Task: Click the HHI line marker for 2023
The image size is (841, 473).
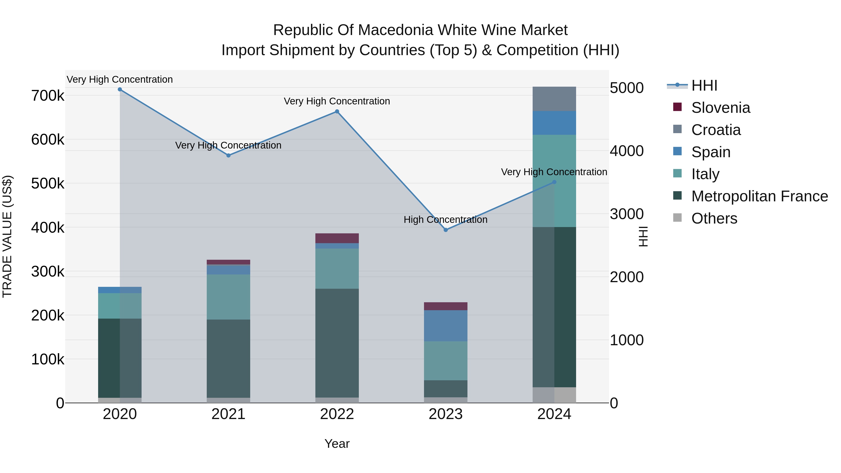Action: (x=446, y=230)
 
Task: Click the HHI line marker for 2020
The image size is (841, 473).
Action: (x=120, y=89)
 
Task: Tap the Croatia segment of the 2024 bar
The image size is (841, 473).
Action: (x=554, y=99)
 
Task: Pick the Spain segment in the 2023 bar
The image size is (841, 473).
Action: (x=446, y=326)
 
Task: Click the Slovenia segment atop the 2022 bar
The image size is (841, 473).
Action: (x=337, y=238)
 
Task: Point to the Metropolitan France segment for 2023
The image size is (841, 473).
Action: (x=446, y=389)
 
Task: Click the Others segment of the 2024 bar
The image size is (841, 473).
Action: (x=554, y=395)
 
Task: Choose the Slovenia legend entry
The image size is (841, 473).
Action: (x=720, y=108)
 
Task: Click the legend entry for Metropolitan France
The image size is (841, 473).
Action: (x=759, y=196)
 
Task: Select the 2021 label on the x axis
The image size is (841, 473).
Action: (x=228, y=414)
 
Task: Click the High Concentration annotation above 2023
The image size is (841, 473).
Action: (x=446, y=220)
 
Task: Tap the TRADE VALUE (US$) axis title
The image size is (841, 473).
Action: (x=7, y=236)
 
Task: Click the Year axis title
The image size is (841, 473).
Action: (x=337, y=444)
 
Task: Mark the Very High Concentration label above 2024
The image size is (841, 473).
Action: (x=554, y=172)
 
